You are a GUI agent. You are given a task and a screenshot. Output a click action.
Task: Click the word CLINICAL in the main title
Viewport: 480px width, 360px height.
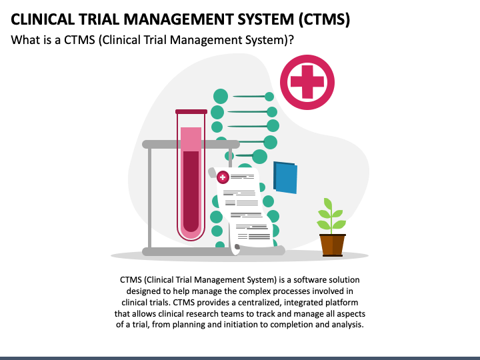coord(43,19)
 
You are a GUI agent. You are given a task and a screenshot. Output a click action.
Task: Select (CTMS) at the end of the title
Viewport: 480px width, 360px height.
coord(324,19)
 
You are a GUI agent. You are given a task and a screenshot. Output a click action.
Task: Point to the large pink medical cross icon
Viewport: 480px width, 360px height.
coord(307,82)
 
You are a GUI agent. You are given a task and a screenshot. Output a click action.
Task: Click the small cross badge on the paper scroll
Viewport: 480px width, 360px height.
coord(223,177)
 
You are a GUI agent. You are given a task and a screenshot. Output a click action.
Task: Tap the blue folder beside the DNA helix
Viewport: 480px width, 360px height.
coord(285,177)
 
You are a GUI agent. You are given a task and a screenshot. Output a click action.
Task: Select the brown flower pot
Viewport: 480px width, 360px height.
coord(332,245)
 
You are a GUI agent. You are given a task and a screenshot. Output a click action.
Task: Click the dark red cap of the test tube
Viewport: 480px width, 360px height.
coord(191,112)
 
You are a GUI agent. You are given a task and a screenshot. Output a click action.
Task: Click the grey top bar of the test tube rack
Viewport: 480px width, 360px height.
coord(191,144)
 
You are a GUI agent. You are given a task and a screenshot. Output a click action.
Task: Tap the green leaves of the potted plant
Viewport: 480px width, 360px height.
coord(331,215)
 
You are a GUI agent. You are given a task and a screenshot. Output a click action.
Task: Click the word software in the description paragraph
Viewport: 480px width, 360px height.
coord(310,280)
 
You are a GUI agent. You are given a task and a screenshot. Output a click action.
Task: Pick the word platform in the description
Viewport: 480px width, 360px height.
coord(341,303)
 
